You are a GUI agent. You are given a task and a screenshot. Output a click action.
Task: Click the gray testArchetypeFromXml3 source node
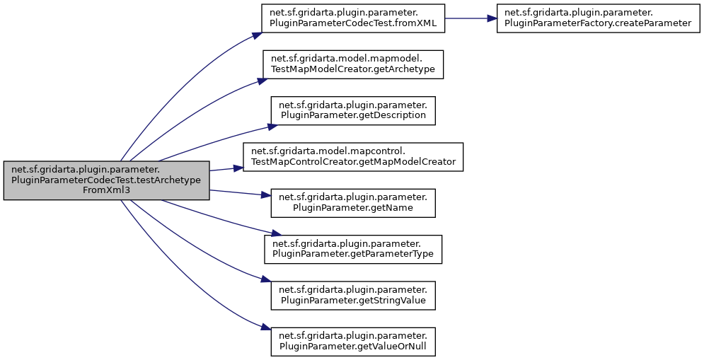tap(106, 180)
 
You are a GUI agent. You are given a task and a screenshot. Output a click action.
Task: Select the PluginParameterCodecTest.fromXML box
tap(352, 18)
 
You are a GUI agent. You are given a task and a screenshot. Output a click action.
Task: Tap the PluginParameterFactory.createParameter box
tap(594, 18)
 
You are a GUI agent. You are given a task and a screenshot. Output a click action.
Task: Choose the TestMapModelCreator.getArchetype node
tap(352, 64)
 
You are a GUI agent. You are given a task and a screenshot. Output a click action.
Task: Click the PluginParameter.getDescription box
tap(352, 109)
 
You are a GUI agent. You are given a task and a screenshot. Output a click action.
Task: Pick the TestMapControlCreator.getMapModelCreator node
tap(352, 156)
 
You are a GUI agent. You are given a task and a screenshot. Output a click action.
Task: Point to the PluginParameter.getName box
tap(352, 202)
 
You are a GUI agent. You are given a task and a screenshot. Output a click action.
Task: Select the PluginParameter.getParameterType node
tap(352, 248)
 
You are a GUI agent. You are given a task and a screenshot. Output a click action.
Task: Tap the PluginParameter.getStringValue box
tap(352, 294)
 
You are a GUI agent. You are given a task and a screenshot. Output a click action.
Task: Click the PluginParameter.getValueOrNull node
tap(352, 341)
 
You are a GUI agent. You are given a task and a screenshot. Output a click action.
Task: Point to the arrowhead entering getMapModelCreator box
tap(238, 168)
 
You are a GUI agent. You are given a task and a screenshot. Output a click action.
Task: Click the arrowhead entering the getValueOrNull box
tap(266, 330)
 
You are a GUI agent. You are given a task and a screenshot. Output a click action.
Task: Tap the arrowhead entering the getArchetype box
tap(260, 81)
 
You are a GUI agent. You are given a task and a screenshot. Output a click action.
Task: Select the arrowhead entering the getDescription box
tap(271, 126)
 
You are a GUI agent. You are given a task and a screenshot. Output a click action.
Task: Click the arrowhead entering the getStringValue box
tap(267, 284)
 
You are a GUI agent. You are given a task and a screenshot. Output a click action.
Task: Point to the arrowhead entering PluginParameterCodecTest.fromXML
tap(258, 33)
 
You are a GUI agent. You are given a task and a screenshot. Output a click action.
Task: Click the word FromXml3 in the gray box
tap(106, 191)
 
